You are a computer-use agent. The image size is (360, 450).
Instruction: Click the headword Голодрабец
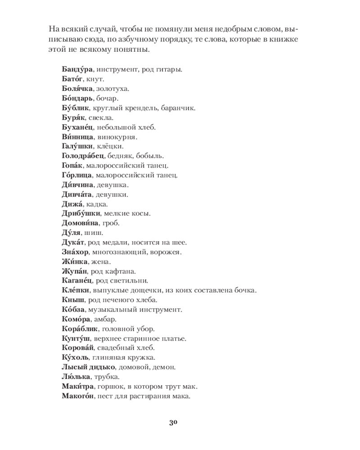tap(82, 156)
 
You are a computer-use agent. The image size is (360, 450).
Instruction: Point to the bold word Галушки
tap(76, 146)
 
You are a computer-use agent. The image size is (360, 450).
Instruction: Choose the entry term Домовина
tap(78, 223)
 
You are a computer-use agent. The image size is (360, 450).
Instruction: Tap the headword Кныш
tap(69, 300)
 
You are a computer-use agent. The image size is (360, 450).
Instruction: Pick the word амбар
tap(107, 319)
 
